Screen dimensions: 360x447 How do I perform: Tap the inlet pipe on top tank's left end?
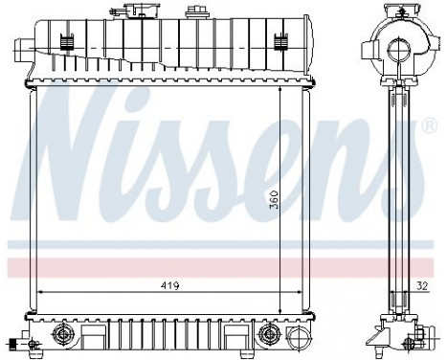tap(21, 46)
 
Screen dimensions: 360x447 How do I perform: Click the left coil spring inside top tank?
tap(65, 43)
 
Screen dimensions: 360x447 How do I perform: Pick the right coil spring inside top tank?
tap(280, 43)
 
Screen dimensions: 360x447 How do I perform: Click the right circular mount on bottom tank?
tap(271, 334)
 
